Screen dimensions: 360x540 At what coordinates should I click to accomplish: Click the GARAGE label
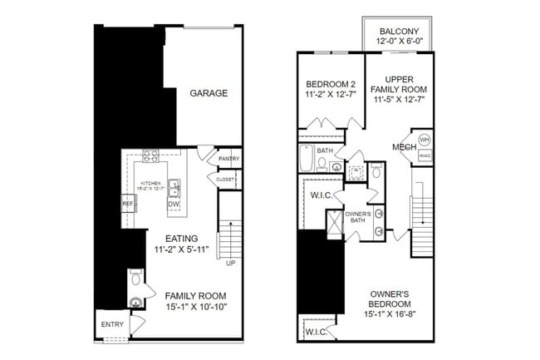[208, 93]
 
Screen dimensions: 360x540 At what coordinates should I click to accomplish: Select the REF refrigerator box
[128, 203]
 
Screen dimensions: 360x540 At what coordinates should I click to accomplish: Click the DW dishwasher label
[174, 204]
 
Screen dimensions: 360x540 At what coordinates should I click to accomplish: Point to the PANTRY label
[229, 159]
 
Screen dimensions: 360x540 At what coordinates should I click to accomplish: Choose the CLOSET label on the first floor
[226, 179]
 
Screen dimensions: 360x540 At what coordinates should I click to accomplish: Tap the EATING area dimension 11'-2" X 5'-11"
[186, 249]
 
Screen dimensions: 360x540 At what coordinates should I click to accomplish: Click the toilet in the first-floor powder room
[135, 287]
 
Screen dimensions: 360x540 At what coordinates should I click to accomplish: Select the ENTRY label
[111, 324]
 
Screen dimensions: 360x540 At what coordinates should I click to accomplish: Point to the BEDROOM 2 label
[331, 84]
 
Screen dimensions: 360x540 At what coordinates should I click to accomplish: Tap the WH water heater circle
[424, 139]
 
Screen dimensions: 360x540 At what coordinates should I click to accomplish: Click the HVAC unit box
[424, 155]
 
